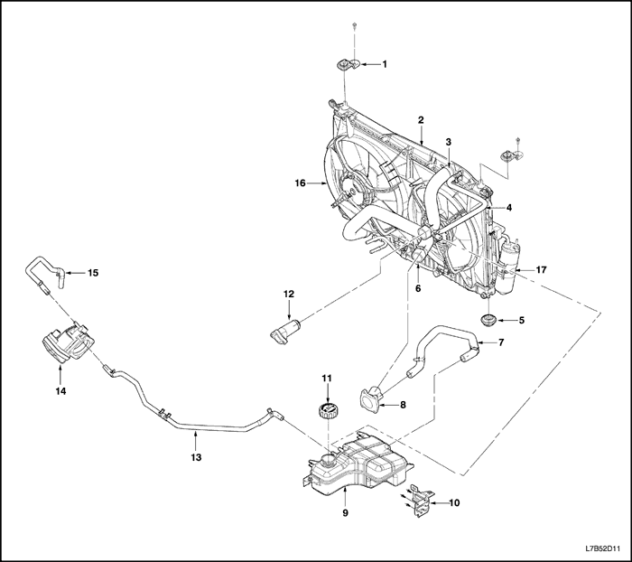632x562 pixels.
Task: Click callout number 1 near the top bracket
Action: [385, 64]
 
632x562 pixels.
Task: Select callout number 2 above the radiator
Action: [422, 120]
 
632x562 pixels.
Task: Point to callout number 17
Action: [541, 269]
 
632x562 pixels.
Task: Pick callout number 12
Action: [289, 294]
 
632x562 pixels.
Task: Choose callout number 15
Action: [92, 272]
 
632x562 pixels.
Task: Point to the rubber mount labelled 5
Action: [488, 321]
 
